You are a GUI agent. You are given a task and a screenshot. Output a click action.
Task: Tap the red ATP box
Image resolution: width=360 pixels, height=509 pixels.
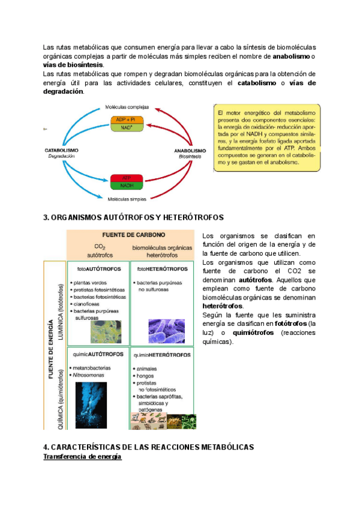click(x=127, y=178)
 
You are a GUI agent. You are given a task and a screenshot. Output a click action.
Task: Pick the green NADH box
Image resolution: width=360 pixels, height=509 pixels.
click(x=127, y=186)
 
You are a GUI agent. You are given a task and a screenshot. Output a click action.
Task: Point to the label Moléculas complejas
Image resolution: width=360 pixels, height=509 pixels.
click(x=126, y=107)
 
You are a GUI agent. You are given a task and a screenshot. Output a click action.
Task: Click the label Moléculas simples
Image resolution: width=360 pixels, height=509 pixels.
click(x=126, y=198)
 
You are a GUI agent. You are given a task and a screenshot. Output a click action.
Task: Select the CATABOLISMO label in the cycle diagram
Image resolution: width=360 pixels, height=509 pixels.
click(x=61, y=150)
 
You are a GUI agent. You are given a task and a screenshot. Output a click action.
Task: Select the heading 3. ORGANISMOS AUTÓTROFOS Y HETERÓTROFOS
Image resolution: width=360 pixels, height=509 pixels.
click(x=133, y=217)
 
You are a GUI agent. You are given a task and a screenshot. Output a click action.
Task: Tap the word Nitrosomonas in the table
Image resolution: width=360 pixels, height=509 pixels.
click(x=88, y=375)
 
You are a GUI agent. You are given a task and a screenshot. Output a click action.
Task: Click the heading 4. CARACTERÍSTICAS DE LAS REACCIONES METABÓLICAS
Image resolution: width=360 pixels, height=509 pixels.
click(x=149, y=447)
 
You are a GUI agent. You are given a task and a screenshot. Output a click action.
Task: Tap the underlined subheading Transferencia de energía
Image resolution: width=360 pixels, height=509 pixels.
click(x=83, y=457)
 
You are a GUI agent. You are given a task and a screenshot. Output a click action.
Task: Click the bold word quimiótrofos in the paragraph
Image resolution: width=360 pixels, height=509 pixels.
click(x=250, y=332)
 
